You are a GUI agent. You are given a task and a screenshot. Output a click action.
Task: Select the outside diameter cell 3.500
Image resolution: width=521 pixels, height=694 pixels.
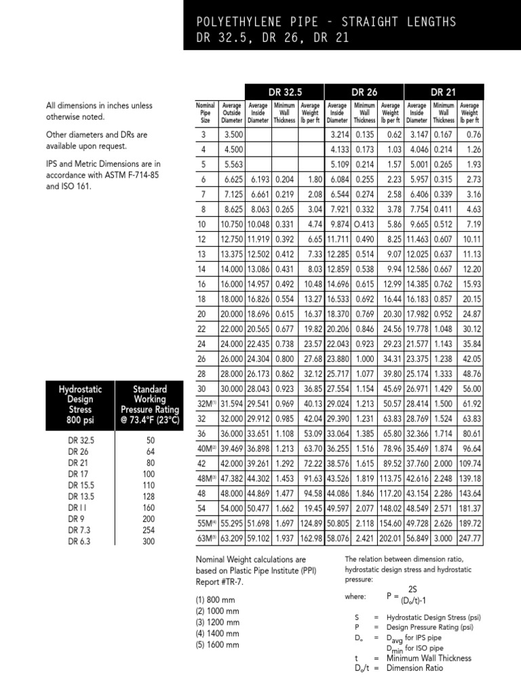(x=234, y=135)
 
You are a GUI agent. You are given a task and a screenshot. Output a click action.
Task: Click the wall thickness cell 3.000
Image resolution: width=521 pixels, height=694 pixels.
(x=444, y=538)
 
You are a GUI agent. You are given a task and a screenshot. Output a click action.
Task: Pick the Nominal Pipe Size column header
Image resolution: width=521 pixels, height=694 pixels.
(x=205, y=113)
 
